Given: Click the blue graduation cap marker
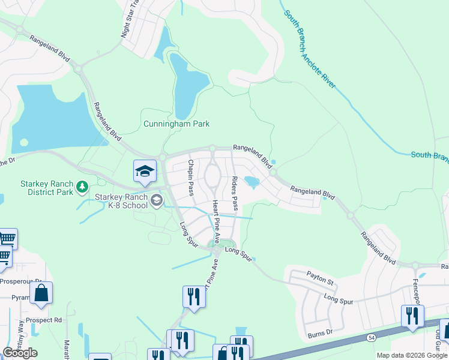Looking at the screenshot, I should [145, 172].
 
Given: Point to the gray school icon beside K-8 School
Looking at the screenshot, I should [157, 200].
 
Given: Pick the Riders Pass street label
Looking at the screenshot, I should [235, 193].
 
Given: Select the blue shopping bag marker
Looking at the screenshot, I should [41, 293].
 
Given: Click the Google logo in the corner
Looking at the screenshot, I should [20, 353].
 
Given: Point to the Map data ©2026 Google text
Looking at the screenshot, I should [412, 355].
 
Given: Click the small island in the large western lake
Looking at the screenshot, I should [24, 143].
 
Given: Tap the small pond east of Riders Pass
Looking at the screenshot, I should [252, 182].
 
